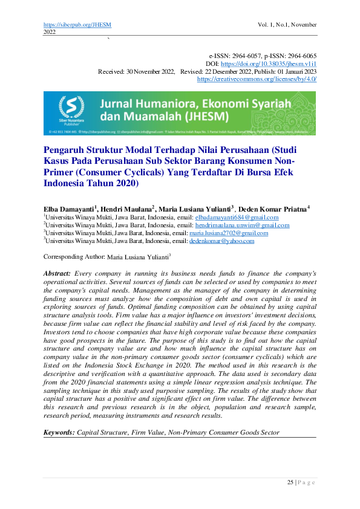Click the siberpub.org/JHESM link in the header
tap(77, 24)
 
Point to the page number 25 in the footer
tap(290, 482)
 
